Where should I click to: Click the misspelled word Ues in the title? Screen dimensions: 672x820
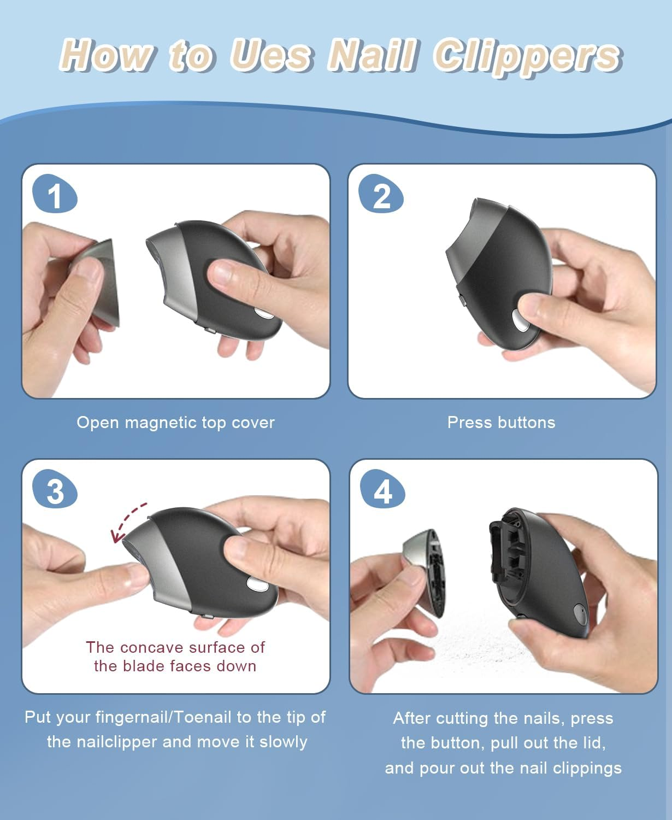point(270,56)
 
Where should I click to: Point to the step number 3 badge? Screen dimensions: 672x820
point(55,489)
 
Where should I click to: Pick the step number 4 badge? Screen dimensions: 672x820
point(382,489)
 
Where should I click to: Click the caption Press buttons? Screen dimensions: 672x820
point(502,422)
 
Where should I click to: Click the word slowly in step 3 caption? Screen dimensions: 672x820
point(284,742)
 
